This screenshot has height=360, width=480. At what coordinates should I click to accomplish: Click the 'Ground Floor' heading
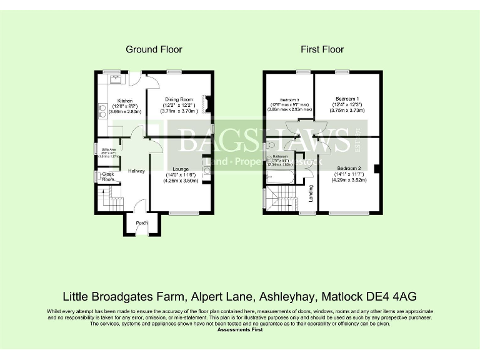[154, 49]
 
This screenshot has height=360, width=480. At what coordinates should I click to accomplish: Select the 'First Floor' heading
[322, 49]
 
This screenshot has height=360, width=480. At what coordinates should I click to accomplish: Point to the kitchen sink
[114, 79]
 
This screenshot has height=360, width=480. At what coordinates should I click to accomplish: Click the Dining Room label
[179, 99]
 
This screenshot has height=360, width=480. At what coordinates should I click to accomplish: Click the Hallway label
[136, 171]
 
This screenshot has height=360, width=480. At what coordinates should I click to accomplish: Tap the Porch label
[142, 222]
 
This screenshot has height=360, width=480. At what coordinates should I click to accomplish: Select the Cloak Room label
[108, 177]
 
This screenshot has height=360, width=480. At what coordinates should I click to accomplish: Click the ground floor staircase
[110, 201]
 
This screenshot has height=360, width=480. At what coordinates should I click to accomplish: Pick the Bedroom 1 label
[347, 99]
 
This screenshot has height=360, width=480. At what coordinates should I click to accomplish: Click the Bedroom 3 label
[289, 100]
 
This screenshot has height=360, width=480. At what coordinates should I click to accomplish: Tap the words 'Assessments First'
[240, 329]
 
